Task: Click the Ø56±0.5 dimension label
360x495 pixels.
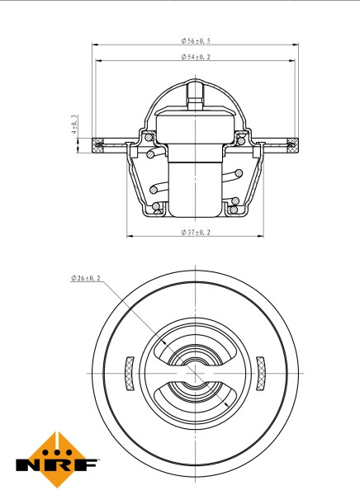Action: click(x=195, y=40)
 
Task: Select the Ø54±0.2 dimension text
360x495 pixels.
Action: click(x=195, y=57)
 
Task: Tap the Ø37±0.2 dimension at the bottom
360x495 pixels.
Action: click(x=195, y=233)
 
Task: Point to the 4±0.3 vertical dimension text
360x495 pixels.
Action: click(x=74, y=125)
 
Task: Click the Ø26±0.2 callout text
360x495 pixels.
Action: click(x=85, y=279)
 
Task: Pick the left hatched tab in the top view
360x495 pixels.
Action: click(x=129, y=373)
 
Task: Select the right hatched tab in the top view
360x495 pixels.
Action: click(x=262, y=373)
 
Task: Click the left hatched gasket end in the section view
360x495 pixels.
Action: click(x=100, y=147)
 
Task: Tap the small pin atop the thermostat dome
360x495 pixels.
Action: click(x=195, y=92)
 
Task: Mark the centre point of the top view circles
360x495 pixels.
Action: click(x=195, y=373)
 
